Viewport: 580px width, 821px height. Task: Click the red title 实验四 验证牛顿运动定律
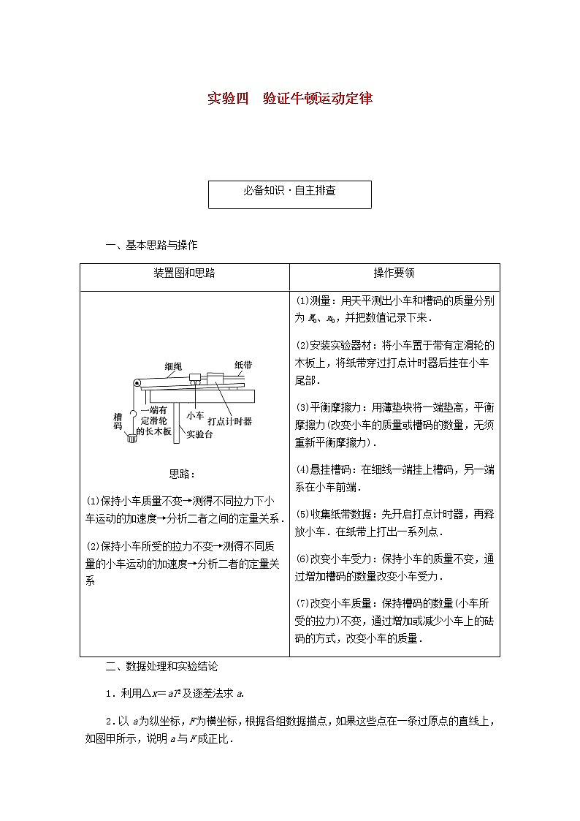290,98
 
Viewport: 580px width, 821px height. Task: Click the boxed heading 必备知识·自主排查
290,191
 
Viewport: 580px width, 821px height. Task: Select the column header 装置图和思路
184,273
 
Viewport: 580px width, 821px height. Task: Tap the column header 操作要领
394,273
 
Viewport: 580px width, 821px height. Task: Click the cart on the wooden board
196,380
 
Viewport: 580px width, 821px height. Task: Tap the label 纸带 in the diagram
243,364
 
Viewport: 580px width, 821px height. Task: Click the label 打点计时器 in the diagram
229,421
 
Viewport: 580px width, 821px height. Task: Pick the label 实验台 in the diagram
199,434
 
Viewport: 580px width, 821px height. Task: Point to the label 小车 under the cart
194,415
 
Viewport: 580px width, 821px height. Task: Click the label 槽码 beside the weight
118,421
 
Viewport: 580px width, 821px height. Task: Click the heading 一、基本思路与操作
151,245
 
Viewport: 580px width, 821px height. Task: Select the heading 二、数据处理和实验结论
161,666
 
